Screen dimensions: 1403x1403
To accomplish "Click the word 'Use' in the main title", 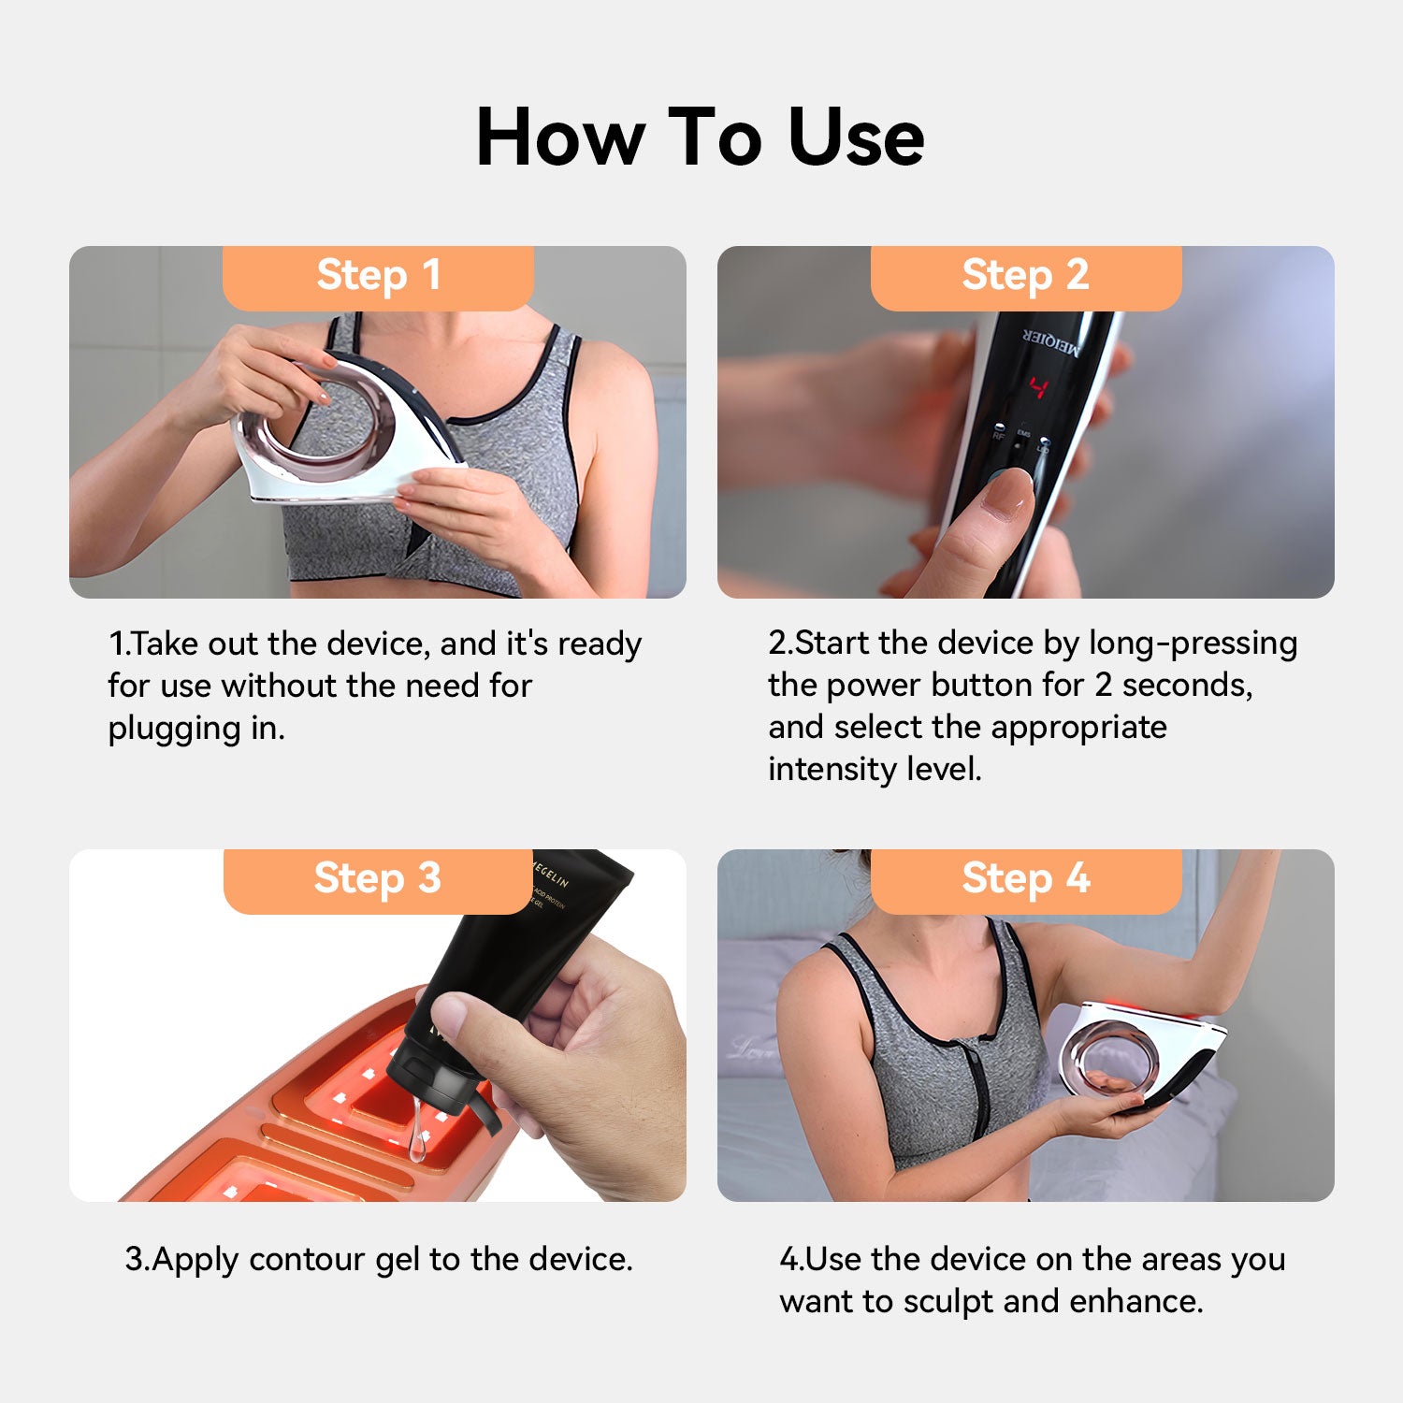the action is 856,137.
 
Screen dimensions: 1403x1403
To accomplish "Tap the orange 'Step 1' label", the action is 378,278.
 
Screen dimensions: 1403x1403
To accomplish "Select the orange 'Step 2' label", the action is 1026,278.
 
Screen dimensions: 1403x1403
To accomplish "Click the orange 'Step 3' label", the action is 378,881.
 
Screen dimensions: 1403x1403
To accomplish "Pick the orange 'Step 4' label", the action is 1026,881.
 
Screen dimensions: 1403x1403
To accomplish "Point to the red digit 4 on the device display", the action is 1038,387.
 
